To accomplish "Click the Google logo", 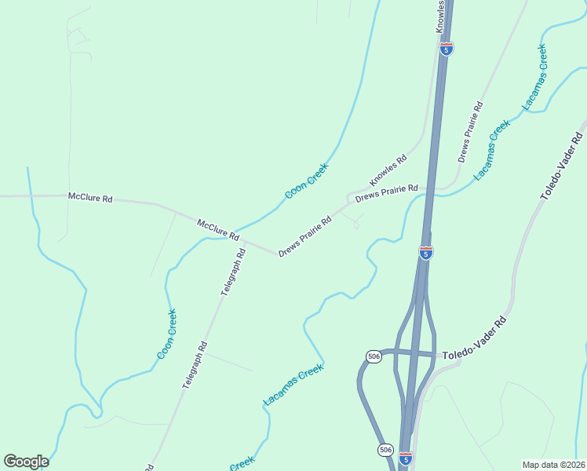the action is tap(26, 462).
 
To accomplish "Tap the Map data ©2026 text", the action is tap(553, 465).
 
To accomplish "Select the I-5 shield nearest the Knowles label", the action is tap(447, 49).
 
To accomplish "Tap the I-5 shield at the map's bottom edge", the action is tap(405, 457).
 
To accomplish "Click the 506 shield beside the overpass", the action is tap(374, 356).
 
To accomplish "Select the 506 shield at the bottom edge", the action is tap(385, 449).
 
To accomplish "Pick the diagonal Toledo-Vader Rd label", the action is tap(563, 169).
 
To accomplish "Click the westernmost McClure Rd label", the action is tap(90, 198).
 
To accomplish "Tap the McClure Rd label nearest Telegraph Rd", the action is tap(217, 228).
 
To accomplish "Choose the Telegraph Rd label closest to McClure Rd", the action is tap(233, 272).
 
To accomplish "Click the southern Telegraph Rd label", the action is tap(194, 364).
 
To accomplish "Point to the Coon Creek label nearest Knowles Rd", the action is tap(306, 181).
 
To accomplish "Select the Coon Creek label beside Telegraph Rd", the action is tap(166, 334).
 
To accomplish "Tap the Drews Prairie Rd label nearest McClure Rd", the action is tap(304, 236).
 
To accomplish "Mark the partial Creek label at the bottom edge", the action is tap(242, 464).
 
